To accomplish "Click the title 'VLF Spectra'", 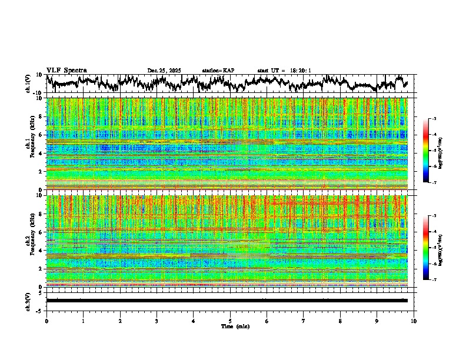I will click(66, 70).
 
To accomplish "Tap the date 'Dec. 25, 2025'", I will click(164, 71).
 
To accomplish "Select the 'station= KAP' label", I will click(218, 71).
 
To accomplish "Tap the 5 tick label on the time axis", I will click(230, 321).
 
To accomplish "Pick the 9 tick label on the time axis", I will click(377, 321).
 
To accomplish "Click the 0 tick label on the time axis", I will click(46, 321).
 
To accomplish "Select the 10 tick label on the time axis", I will click(414, 321).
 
